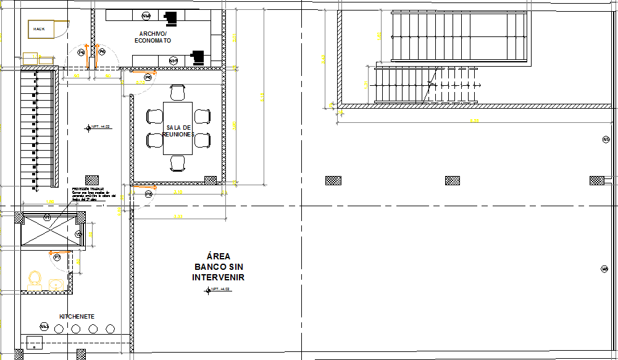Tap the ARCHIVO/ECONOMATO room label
coord(155,37)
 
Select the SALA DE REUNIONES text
coord(178,131)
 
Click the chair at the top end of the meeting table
coord(178,93)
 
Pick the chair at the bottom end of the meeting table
coord(178,163)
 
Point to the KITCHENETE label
coord(77,316)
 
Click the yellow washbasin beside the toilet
coord(56,284)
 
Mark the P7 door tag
coord(57,257)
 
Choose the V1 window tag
coord(48,217)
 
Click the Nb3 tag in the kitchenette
coord(44,326)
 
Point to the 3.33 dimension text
coord(178,216)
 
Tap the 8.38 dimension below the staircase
coord(474,120)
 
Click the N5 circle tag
coord(606,140)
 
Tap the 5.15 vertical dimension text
coord(262,97)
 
